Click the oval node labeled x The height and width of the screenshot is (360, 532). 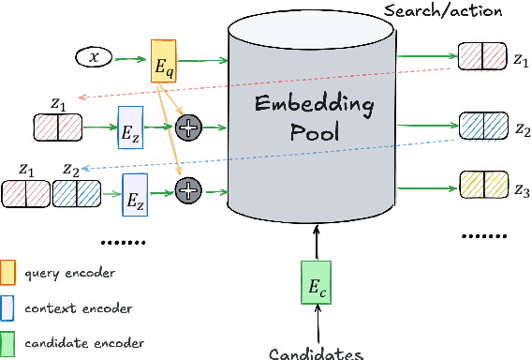coord(93,58)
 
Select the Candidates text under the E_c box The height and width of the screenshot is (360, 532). coord(316,352)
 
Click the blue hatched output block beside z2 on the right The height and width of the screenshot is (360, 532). coord(482,124)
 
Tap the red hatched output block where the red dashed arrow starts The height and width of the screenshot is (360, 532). coord(482,57)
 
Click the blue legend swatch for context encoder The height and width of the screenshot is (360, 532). coord(8,307)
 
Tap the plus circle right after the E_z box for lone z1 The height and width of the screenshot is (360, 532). coord(188,127)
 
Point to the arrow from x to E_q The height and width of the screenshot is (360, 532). coord(130,58)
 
